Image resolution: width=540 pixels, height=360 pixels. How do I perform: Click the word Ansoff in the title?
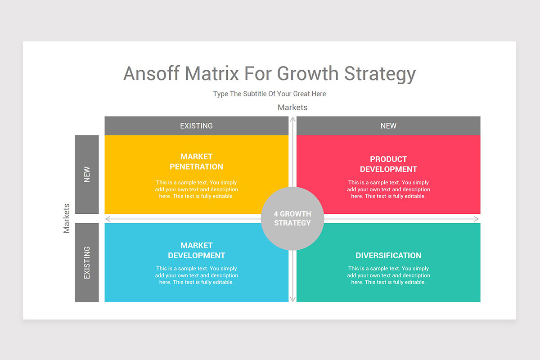coord(151,73)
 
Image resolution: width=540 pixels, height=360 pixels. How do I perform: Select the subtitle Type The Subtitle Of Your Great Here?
coord(269,94)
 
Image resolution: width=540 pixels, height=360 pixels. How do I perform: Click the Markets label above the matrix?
coord(292,107)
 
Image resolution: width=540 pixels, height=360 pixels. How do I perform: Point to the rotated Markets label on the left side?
coord(67,218)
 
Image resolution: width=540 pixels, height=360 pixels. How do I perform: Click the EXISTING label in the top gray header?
coord(196,126)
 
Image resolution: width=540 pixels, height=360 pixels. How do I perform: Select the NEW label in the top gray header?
coord(388,126)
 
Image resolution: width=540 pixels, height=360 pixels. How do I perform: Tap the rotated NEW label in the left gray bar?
coord(87,175)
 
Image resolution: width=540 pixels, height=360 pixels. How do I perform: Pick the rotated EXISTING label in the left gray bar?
coord(87,262)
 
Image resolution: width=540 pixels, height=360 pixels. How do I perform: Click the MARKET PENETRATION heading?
coord(196,162)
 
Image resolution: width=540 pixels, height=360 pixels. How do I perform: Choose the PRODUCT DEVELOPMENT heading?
coord(388,164)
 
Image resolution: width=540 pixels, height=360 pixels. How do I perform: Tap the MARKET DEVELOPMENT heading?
coord(196,250)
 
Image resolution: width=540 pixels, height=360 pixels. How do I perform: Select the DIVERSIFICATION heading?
coord(388,255)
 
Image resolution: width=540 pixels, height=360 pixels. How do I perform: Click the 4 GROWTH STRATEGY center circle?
coord(292,218)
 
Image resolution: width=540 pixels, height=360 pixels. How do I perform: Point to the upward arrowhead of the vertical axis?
coord(292,119)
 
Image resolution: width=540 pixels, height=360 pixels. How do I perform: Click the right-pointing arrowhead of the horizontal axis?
coord(477,219)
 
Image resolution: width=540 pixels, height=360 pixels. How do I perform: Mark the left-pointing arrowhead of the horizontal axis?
coord(108,219)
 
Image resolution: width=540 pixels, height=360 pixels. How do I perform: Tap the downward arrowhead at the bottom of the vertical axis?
coord(292,299)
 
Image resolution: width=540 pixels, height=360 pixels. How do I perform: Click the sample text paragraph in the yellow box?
coord(196,189)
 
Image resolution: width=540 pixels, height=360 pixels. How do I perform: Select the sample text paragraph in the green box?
coord(388,275)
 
